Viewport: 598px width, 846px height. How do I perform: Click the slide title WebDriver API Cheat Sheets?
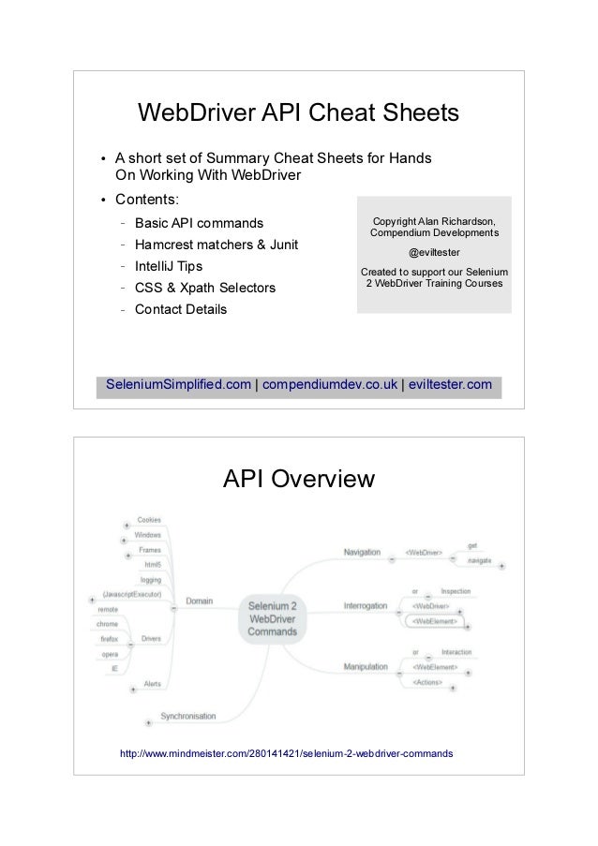click(x=298, y=114)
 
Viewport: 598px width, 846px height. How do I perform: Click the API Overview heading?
click(x=298, y=481)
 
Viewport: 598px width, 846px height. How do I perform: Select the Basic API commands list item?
click(x=199, y=224)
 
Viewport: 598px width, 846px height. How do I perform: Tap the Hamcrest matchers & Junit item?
click(x=217, y=245)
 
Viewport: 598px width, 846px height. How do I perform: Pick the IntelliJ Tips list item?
click(x=168, y=266)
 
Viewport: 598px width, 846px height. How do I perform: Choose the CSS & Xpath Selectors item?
click(x=204, y=288)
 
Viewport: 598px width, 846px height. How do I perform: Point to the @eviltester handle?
click(x=434, y=252)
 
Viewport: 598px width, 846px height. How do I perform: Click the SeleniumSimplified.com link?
click(x=178, y=384)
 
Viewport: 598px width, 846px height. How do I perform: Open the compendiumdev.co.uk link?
click(x=329, y=384)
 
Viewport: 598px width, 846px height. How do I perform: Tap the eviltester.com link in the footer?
click(x=448, y=384)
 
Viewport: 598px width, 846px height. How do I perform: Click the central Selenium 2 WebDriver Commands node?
click(x=271, y=619)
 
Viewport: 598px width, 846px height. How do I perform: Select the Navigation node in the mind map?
click(x=362, y=553)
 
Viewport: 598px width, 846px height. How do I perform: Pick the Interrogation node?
click(x=365, y=606)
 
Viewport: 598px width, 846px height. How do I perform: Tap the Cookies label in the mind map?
click(x=149, y=519)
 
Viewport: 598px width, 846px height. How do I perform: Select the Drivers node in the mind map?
click(x=150, y=640)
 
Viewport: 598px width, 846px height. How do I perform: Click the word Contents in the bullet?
click(x=147, y=200)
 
